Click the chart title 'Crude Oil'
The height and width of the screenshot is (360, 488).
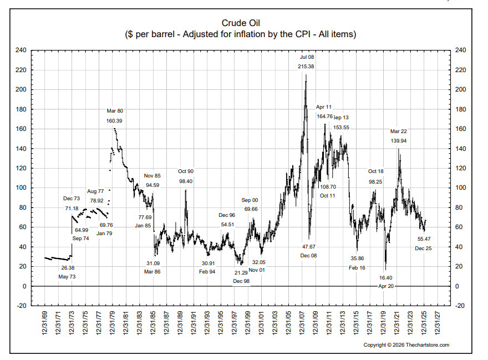(240, 23)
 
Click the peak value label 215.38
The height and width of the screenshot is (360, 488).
(306, 67)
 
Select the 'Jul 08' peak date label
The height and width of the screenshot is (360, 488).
(306, 57)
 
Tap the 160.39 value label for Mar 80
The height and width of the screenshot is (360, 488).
(115, 120)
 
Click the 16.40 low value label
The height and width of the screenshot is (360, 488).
(386, 278)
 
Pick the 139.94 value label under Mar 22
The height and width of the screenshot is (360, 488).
(399, 141)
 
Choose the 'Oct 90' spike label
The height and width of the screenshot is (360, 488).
(186, 171)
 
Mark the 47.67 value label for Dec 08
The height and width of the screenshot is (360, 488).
(309, 246)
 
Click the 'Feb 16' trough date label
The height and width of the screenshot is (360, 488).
(357, 268)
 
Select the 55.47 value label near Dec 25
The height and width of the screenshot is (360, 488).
(424, 239)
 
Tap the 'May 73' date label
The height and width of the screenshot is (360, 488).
(68, 277)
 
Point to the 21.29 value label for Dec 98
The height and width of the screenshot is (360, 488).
(241, 272)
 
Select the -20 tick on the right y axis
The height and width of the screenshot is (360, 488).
(460, 306)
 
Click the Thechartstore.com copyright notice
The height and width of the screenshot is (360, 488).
(406, 345)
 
